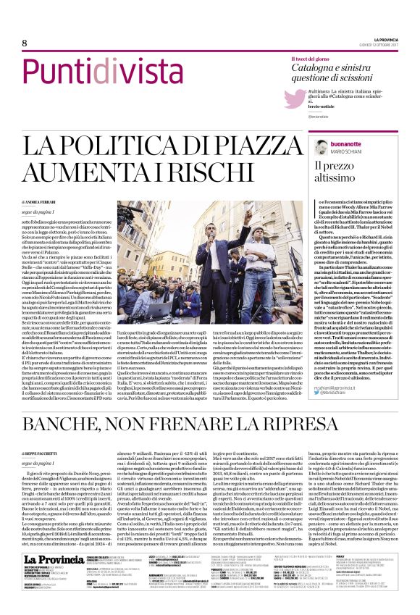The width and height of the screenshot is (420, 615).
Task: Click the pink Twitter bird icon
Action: (x=292, y=99)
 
